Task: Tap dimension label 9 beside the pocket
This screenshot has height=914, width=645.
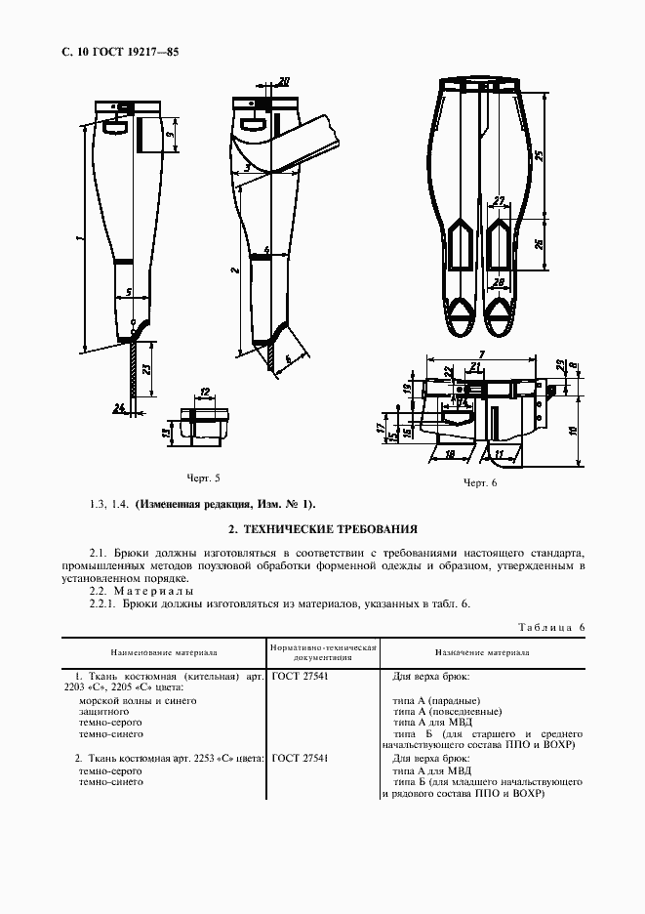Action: pos(169,134)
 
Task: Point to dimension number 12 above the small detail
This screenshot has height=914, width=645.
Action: pos(204,392)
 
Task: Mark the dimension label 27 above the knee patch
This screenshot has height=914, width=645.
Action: pos(499,201)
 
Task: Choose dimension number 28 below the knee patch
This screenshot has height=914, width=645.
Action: pos(499,283)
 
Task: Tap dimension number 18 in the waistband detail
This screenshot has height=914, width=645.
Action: pos(451,454)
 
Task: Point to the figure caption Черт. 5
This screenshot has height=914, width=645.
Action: pos(203,478)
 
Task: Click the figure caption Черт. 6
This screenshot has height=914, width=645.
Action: pos(480,483)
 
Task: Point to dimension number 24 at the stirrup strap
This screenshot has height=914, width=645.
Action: pos(117,407)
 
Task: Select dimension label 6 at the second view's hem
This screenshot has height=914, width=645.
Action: pos(288,358)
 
